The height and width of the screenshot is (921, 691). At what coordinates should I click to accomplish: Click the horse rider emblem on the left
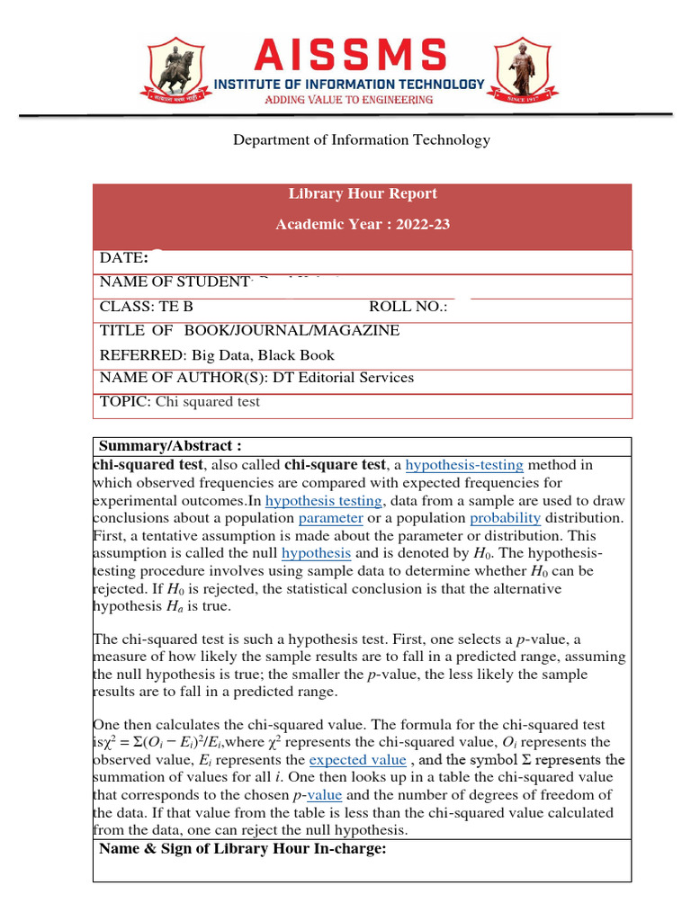click(174, 68)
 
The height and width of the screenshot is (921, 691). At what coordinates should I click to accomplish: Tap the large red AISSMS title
click(349, 56)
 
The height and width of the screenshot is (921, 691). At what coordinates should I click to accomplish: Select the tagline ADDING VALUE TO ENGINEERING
click(348, 100)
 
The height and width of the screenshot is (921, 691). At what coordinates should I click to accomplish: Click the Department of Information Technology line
click(362, 139)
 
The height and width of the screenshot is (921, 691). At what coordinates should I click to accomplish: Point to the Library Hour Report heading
click(363, 193)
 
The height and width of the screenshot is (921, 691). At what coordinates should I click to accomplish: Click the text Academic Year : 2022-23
click(363, 224)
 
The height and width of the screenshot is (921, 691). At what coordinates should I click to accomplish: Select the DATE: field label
click(124, 258)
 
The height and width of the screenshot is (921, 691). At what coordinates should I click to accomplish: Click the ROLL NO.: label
click(408, 307)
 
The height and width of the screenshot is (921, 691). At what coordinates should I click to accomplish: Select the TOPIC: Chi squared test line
click(180, 401)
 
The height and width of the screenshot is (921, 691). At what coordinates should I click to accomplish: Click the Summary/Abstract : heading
click(170, 446)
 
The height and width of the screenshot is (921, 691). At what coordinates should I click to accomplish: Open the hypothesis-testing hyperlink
click(464, 465)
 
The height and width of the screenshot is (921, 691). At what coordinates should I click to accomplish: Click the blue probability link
click(505, 518)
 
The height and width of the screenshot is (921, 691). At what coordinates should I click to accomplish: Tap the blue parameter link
click(331, 518)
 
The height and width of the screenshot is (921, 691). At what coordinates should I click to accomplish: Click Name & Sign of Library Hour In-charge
click(242, 848)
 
